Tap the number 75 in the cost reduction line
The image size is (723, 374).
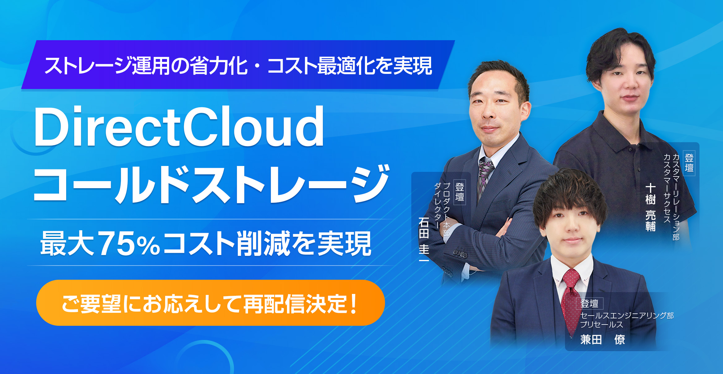click(116, 244)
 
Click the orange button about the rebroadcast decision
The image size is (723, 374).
click(210, 303)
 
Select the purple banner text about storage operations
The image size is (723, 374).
click(238, 66)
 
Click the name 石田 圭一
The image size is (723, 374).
click(424, 240)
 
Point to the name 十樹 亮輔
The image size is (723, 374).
click(651, 207)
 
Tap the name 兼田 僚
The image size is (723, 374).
click(603, 339)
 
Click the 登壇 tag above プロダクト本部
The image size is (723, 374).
click(460, 192)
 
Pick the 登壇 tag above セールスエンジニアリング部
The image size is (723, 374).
click(589, 304)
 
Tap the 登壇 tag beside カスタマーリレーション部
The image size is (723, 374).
click(689, 163)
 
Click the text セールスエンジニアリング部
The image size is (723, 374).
click(627, 316)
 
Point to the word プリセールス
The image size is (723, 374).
click(601, 325)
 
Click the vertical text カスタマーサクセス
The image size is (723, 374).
click(667, 188)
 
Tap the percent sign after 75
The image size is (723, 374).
click(148, 246)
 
